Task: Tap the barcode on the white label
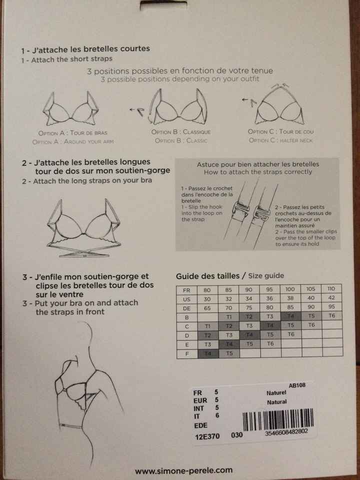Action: pyautogui.click(x=278, y=417)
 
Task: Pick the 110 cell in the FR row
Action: pyautogui.click(x=330, y=289)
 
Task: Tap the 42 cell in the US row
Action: pyautogui.click(x=330, y=298)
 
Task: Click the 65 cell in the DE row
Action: pyautogui.click(x=207, y=307)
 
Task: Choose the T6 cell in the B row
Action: pyautogui.click(x=330, y=316)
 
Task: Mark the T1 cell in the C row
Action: pyautogui.click(x=207, y=325)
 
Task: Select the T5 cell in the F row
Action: pyautogui.click(x=229, y=352)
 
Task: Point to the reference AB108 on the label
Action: pyautogui.click(x=297, y=385)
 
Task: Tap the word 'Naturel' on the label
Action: pyautogui.click(x=276, y=393)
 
